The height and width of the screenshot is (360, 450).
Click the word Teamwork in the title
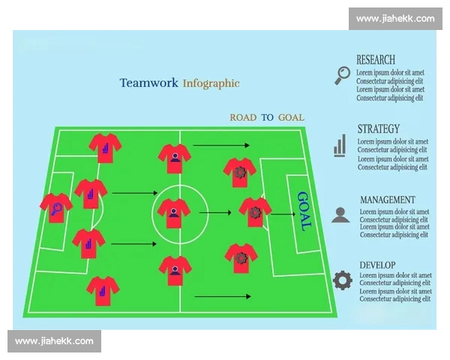click(x=148, y=82)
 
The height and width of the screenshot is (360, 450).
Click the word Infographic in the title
click(x=211, y=83)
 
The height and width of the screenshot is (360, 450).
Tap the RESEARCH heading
click(x=376, y=60)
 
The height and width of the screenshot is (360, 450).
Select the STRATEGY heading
click(x=379, y=128)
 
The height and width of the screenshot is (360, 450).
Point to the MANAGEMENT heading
click(x=388, y=199)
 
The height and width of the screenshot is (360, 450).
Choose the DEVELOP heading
click(x=377, y=265)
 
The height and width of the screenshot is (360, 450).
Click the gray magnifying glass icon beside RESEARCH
click(x=343, y=76)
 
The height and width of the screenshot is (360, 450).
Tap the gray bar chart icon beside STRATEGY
click(x=340, y=145)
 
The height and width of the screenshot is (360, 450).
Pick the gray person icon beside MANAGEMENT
click(x=340, y=214)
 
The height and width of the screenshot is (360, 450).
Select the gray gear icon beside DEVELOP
click(x=343, y=280)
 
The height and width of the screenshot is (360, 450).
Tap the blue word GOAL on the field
click(x=304, y=211)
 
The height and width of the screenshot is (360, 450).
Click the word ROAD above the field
click(x=243, y=118)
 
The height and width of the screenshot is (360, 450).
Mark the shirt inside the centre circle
click(x=174, y=213)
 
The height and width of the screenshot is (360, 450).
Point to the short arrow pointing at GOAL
click(x=283, y=214)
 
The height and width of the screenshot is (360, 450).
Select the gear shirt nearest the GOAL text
click(x=255, y=212)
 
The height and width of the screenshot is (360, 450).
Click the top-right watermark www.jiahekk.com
click(x=395, y=19)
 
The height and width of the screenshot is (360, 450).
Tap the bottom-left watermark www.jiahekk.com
click(x=54, y=341)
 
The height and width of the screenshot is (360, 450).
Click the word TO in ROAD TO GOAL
click(x=267, y=118)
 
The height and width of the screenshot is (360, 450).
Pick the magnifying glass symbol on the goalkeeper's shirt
click(x=56, y=209)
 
